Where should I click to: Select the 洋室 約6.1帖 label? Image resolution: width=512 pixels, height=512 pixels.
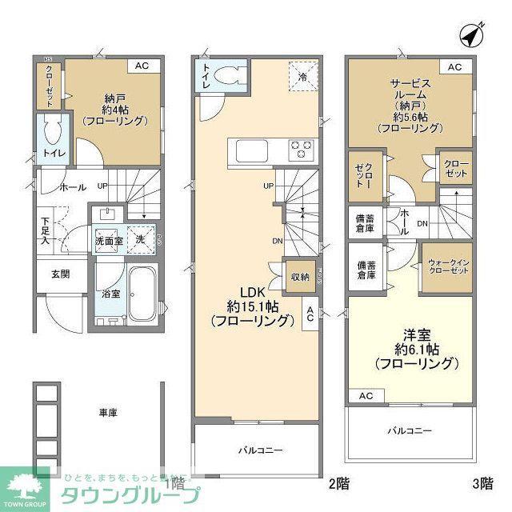pos(417,347)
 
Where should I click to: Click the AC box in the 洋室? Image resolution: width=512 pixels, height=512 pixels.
pos(366,396)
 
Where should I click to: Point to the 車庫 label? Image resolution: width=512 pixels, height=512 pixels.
pos(108,413)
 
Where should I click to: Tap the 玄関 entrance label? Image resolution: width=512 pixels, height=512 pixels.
pos(61,274)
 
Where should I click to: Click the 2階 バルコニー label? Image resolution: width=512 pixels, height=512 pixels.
pos(259,450)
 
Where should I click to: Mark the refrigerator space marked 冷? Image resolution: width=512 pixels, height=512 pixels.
pos(302,78)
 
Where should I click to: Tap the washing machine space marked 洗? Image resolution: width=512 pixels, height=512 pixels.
pos(141,238)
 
